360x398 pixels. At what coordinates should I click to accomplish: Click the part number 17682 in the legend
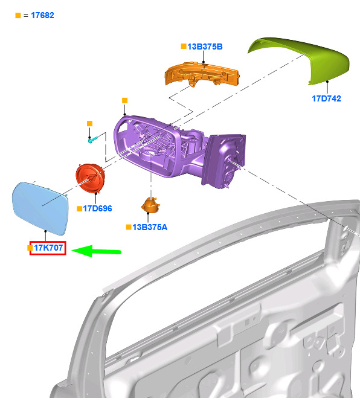click(x=42, y=15)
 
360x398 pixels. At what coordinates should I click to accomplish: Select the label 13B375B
click(x=205, y=47)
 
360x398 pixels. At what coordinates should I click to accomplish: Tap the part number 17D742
click(x=326, y=98)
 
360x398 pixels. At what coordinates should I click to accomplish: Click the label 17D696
click(x=97, y=208)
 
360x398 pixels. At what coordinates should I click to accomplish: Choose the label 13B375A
click(x=150, y=227)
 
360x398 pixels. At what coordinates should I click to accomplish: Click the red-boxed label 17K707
click(x=48, y=248)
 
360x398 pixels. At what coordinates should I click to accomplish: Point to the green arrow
click(x=97, y=251)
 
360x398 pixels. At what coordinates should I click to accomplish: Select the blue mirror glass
click(x=40, y=208)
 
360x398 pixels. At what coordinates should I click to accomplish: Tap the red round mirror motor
click(x=90, y=178)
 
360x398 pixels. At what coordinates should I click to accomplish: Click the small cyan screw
click(x=92, y=140)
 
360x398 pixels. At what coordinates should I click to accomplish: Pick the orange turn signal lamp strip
click(x=202, y=74)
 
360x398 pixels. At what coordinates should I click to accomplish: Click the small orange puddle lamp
click(x=150, y=205)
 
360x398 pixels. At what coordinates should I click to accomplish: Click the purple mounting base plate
click(x=223, y=161)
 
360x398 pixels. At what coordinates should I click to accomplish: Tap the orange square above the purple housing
click(x=124, y=100)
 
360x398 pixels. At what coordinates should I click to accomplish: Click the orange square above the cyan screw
click(x=89, y=124)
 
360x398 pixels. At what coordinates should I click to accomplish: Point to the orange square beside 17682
click(x=18, y=16)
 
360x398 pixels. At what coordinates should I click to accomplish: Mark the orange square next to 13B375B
click(x=184, y=46)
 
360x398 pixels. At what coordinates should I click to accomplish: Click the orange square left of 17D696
click(x=80, y=208)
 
